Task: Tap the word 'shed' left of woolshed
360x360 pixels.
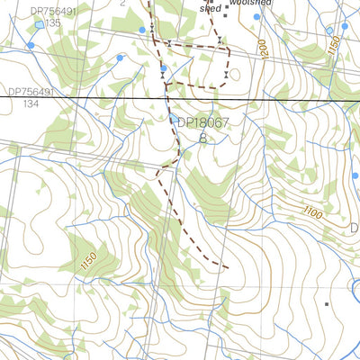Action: point(210,7)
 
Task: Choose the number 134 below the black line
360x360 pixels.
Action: point(32,103)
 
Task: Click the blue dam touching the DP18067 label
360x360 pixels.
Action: point(174,117)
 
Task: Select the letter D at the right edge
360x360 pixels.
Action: point(354,227)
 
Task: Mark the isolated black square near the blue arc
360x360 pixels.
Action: point(327,304)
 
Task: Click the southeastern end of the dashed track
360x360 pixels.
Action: point(225,266)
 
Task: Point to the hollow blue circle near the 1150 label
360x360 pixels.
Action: point(329,30)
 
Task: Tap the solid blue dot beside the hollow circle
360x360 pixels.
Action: point(344,26)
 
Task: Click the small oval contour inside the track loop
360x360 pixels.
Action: point(235,74)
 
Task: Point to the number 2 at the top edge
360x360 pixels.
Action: point(122,4)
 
